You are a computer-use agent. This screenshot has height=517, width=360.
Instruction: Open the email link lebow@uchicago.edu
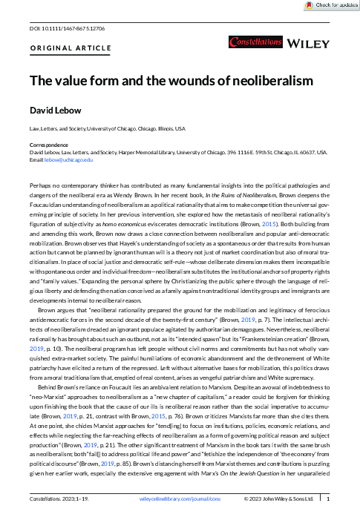69,159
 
